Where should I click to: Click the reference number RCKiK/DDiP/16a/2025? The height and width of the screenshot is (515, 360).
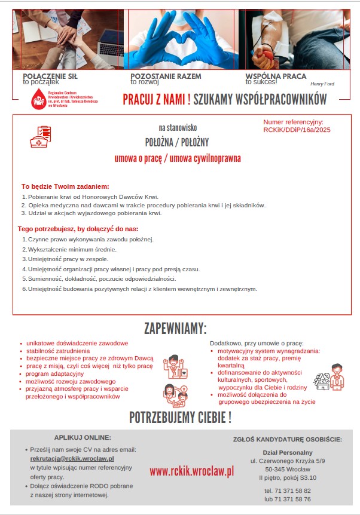coord(297,129)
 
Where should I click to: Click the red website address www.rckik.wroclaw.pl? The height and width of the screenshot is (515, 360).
coord(191,471)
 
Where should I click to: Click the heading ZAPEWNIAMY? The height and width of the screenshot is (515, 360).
coord(176,329)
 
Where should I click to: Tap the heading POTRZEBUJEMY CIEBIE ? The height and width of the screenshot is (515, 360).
coord(180,417)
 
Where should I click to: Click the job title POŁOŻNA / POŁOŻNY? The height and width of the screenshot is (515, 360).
coord(177,142)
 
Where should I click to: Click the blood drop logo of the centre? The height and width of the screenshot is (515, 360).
coord(40,98)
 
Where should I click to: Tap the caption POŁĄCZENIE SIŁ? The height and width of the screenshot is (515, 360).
coord(50,76)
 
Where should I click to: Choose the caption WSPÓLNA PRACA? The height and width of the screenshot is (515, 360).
coord(276,76)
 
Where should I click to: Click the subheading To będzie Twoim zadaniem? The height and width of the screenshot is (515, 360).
coord(65,186)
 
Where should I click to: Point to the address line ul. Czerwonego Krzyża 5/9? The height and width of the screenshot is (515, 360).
coord(287,461)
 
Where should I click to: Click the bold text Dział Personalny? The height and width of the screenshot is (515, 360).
coord(288,452)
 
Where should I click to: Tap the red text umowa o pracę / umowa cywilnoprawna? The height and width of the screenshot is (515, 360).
coord(178,158)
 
